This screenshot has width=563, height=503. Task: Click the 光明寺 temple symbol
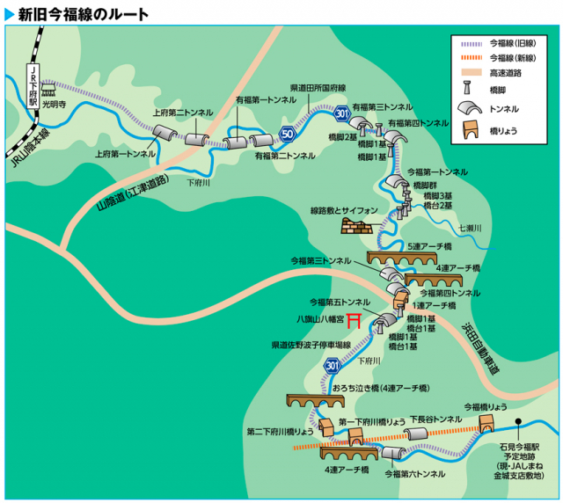pos(49,90)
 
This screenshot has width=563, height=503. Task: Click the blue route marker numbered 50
pos(287,134)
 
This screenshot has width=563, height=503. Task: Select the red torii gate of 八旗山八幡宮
pos(355,318)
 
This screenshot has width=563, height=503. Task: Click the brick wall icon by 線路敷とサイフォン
pos(357,227)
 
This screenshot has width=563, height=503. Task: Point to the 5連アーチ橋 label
pos(429,246)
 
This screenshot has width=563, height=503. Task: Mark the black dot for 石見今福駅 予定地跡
pos(519,421)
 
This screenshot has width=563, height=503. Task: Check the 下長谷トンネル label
pos(435,420)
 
